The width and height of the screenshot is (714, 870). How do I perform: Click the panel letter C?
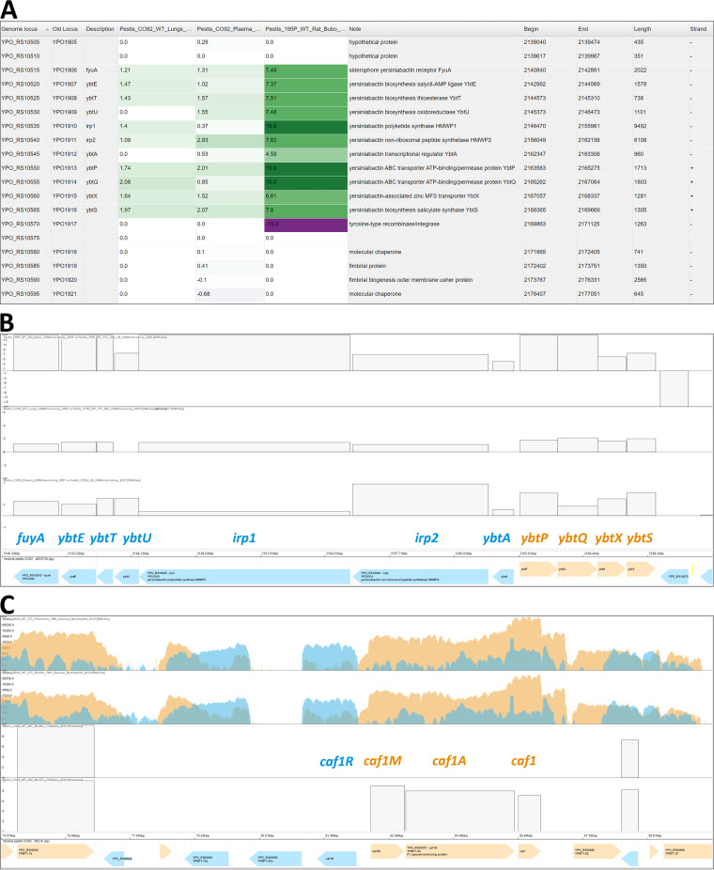tap(9, 601)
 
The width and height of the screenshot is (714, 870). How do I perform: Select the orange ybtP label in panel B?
tap(534, 538)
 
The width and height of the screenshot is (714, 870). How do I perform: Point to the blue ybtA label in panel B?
tap(496, 538)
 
